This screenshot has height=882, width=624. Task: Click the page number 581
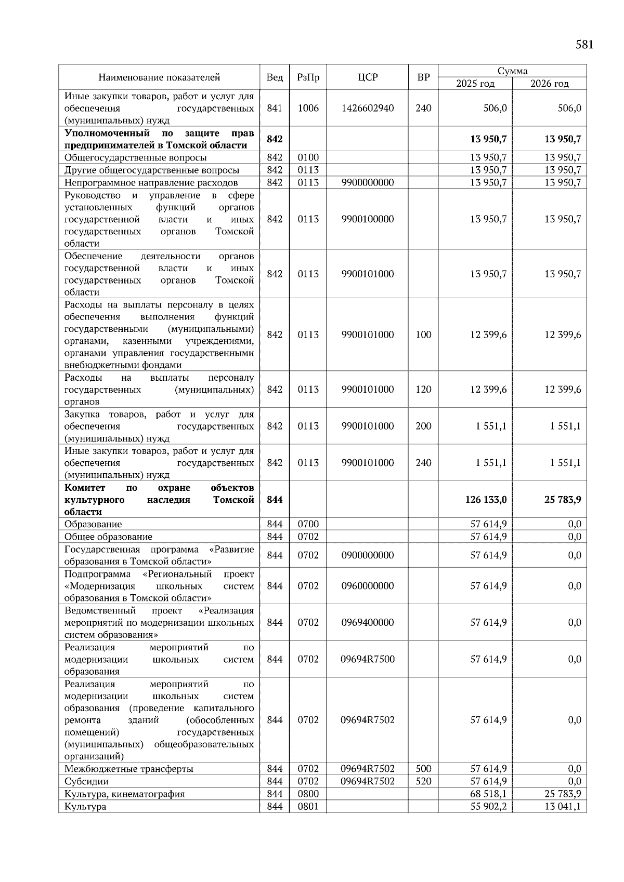tap(584, 45)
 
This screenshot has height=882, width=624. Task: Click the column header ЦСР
tap(368, 77)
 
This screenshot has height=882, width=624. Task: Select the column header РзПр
tap(308, 77)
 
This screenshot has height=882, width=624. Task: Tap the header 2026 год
tap(549, 84)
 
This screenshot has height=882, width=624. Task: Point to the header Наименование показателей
tap(159, 77)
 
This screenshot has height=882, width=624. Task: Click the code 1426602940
tap(368, 108)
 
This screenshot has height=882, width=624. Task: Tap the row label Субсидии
tap(86, 781)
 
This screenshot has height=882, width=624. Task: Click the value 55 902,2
tap(488, 806)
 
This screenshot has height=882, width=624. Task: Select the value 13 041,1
tap(563, 806)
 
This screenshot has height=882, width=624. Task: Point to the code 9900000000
tap(368, 182)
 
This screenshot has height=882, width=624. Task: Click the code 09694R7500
tap(368, 659)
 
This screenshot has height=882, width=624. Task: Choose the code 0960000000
tap(368, 586)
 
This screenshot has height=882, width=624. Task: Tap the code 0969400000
tap(368, 622)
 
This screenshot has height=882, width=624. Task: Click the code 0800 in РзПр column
tap(308, 794)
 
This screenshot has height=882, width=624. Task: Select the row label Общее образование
tap(108, 537)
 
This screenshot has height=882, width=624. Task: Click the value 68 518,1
tap(488, 794)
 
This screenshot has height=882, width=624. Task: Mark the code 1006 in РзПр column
tap(308, 108)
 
